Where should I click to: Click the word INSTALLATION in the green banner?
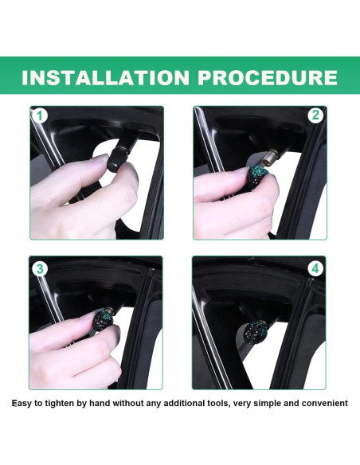105,77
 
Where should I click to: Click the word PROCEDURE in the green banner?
268,77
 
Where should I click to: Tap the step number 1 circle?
40,116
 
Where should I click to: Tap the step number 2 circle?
315,115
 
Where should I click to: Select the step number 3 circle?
40,269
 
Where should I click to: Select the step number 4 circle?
315,268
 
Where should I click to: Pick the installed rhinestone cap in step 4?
256,331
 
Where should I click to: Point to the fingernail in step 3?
88,315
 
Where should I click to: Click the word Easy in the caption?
21,404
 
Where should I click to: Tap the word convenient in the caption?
325,404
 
